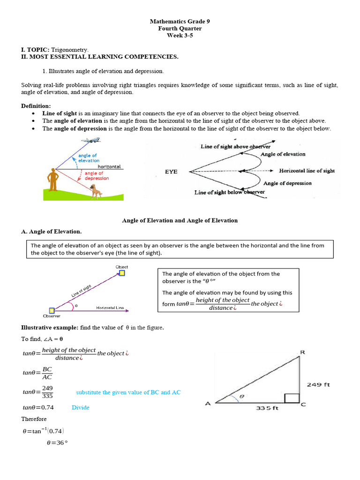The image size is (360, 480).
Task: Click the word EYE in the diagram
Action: click(171, 172)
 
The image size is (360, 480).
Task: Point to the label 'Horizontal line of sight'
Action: click(307, 171)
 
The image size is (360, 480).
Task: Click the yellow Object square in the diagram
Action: click(122, 273)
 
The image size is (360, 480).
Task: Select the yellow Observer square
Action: click(52, 310)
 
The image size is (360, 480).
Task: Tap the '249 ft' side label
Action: click(318, 385)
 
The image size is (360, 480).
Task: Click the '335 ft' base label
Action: click(267, 408)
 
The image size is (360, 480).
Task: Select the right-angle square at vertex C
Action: click(292, 398)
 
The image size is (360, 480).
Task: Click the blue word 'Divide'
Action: click(80, 407)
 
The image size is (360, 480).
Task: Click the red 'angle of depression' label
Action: click(96, 176)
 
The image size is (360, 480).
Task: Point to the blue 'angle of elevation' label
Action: click(88, 158)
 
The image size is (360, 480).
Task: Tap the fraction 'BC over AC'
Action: click(47, 373)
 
